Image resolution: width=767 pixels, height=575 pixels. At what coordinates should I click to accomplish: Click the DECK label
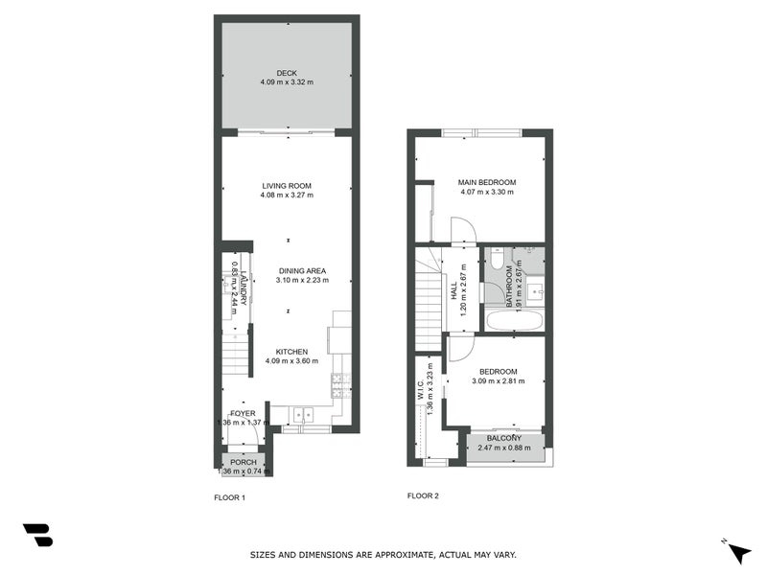286,73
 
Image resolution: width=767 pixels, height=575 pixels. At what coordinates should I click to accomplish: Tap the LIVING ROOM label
286,186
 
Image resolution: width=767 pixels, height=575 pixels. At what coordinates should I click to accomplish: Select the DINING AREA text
303,270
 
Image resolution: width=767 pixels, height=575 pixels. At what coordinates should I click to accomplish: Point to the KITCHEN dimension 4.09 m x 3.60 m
291,361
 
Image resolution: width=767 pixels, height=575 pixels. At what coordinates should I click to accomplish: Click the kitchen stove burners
338,384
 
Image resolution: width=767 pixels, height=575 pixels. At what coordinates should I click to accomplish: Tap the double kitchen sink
304,415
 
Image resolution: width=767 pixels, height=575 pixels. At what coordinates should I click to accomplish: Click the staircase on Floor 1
235,356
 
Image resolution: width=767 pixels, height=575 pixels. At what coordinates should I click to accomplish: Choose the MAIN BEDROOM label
487,182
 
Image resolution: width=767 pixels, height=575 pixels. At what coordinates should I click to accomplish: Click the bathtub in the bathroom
512,320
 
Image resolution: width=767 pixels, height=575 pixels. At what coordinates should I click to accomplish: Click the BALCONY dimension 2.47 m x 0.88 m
505,448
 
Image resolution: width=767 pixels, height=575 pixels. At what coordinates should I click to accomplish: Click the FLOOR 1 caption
229,497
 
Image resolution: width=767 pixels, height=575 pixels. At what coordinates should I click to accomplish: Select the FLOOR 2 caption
423,495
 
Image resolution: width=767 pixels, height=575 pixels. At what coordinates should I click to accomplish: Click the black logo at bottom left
37,535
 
